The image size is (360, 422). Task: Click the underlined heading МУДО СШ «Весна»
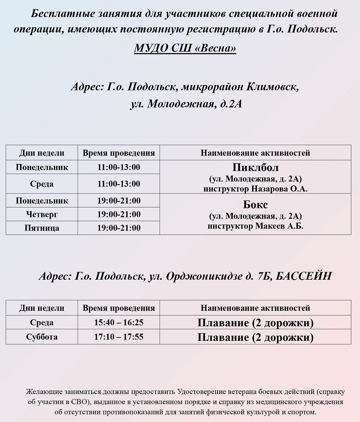point(185,48)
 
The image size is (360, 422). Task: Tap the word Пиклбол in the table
point(255,167)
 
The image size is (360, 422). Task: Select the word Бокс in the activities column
point(255,205)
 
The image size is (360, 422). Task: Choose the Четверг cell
point(42,215)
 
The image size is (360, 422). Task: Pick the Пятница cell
point(42,228)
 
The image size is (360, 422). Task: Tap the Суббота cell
point(42,337)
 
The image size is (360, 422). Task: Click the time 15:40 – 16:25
point(119,322)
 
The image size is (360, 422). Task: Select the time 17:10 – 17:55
point(119,337)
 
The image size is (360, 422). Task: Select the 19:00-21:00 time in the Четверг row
point(119,215)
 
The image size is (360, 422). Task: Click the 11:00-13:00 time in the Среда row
point(119,184)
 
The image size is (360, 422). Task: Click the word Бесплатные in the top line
point(59,14)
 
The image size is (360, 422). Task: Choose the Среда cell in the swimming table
point(42,322)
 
